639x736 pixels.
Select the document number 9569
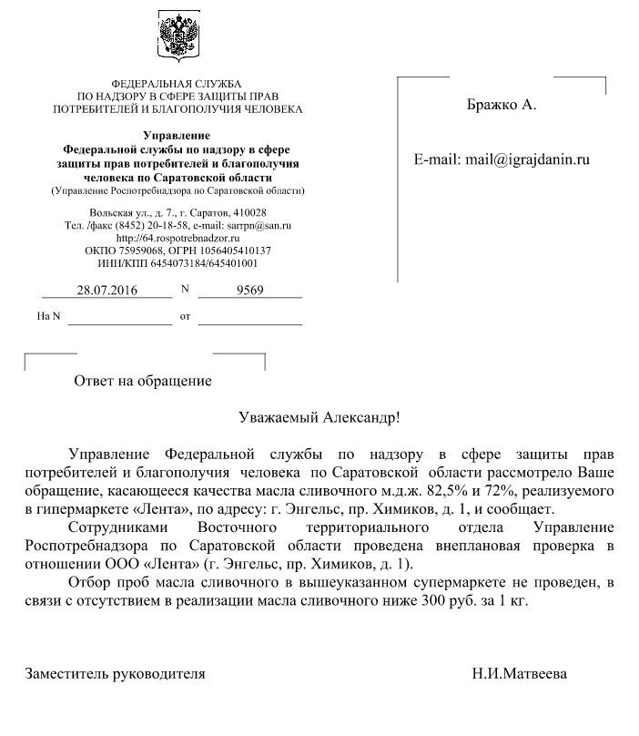tap(249, 291)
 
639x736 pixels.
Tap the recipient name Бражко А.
tap(502, 105)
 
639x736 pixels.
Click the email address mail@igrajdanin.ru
tap(528, 159)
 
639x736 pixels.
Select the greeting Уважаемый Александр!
tap(319, 418)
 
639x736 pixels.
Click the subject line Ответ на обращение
tap(143, 381)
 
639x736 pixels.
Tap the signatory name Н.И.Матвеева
tap(519, 674)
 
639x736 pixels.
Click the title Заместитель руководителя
tap(115, 674)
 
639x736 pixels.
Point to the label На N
tap(48, 317)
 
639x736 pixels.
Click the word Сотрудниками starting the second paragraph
tap(114, 527)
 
